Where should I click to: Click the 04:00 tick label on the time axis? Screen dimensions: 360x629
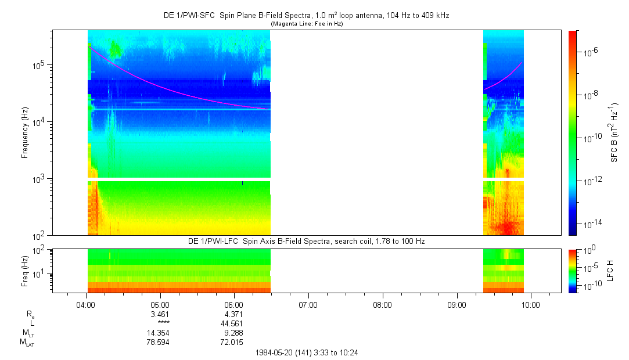[86, 304]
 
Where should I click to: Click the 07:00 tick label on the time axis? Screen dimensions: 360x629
[308, 304]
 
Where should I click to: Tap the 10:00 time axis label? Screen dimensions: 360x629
[531, 304]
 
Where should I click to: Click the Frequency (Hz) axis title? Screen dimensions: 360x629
[25, 133]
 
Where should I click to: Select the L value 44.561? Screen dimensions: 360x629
[234, 323]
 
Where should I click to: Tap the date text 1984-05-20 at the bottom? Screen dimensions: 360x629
[277, 352]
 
